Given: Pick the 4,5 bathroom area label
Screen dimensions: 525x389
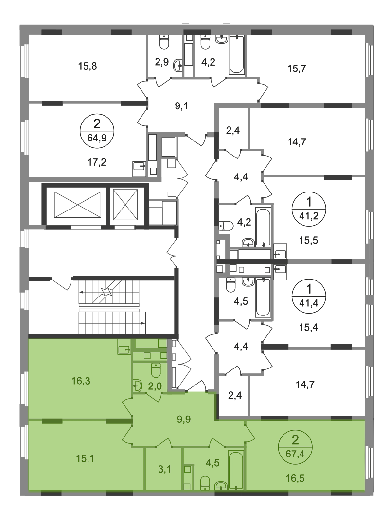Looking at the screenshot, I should [212, 463].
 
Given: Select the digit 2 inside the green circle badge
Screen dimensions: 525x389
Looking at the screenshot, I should [294, 441].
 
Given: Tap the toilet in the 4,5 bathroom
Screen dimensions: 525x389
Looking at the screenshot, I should [205, 482].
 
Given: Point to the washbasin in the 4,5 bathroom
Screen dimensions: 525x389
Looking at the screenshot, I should [220, 485].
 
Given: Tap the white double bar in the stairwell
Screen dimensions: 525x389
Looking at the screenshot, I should [109, 307].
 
